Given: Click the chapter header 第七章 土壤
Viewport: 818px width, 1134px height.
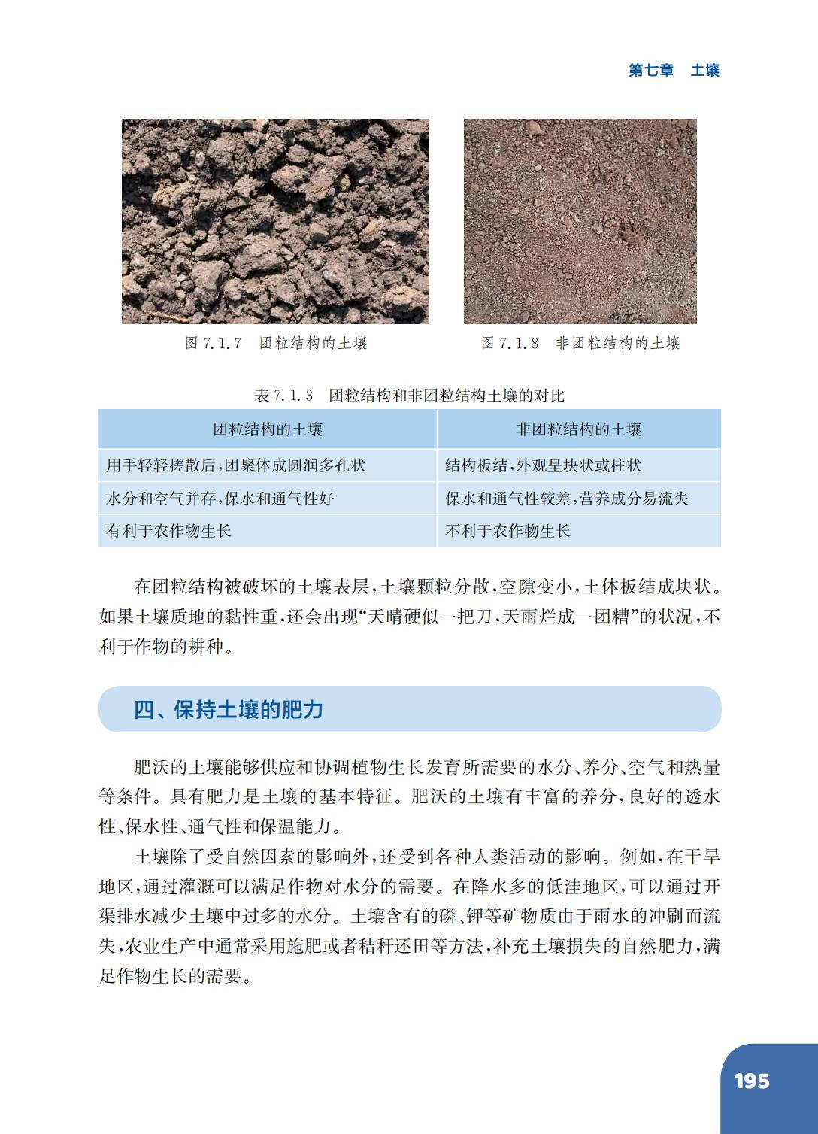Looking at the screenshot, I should pyautogui.click(x=674, y=70).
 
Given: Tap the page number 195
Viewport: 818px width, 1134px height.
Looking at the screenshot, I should pyautogui.click(x=751, y=1081).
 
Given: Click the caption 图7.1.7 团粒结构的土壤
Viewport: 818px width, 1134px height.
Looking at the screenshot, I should pyautogui.click(x=276, y=343).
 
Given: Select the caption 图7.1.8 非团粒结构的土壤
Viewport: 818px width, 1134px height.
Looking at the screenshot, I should pyautogui.click(x=580, y=343).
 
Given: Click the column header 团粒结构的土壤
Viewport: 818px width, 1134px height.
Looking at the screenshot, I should pyautogui.click(x=268, y=429).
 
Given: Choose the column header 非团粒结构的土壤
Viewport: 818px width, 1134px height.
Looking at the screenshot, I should pyautogui.click(x=578, y=429).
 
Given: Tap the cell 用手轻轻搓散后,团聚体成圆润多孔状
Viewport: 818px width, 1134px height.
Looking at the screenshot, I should pyautogui.click(x=236, y=465).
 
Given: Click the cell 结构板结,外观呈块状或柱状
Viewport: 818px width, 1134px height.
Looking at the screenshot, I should pyautogui.click(x=543, y=465).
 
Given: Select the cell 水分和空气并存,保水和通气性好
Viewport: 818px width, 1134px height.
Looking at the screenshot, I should pyautogui.click(x=220, y=498).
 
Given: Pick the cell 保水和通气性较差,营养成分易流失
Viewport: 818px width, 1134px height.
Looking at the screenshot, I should pyautogui.click(x=566, y=498).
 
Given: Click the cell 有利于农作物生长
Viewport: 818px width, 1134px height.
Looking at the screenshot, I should pyautogui.click(x=169, y=531).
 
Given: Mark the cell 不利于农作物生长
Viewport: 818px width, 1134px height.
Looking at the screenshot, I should pyautogui.click(x=507, y=531).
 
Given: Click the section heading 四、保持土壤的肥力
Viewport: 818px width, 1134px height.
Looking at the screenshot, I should pyautogui.click(x=229, y=709).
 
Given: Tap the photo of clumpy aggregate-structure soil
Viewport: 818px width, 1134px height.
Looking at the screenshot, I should pyautogui.click(x=275, y=221).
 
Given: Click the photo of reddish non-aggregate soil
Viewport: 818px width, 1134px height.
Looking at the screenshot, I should pyautogui.click(x=580, y=221).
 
